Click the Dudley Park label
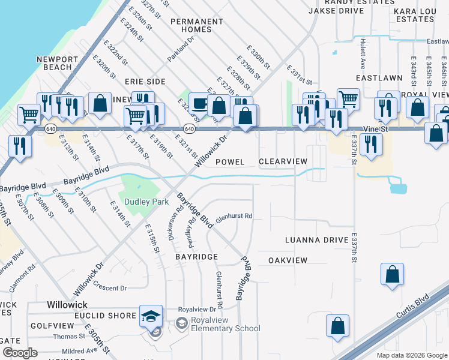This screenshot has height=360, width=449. (146, 202)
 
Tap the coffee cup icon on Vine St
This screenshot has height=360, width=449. (199, 103)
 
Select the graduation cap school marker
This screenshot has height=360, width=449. (151, 316)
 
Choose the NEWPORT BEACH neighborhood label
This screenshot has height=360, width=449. (57, 63)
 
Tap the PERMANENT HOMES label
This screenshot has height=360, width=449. (196, 26)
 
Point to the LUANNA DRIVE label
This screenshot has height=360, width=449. (317, 240)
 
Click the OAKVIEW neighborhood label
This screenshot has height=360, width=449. (288, 260)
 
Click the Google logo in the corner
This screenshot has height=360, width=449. (20, 352)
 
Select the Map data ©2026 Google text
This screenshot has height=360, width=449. (411, 355)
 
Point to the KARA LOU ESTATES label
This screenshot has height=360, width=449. (414, 15)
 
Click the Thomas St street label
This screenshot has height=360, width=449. (68, 337)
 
